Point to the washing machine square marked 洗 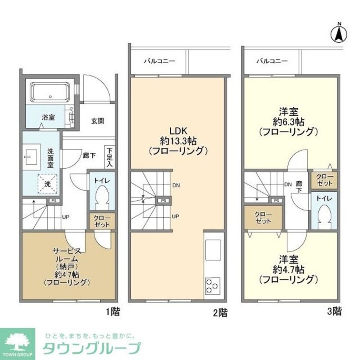pyautogui.click(x=48, y=183)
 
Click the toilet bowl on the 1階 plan pyautogui.click(x=102, y=197)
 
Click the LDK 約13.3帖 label pyautogui.click(x=177, y=140)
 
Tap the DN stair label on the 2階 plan pyautogui.click(x=176, y=186)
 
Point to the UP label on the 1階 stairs pyautogui.click(x=66, y=217)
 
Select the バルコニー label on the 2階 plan pyautogui.click(x=159, y=61)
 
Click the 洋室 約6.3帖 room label pyautogui.click(x=288, y=121)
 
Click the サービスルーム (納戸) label pyautogui.click(x=67, y=266)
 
